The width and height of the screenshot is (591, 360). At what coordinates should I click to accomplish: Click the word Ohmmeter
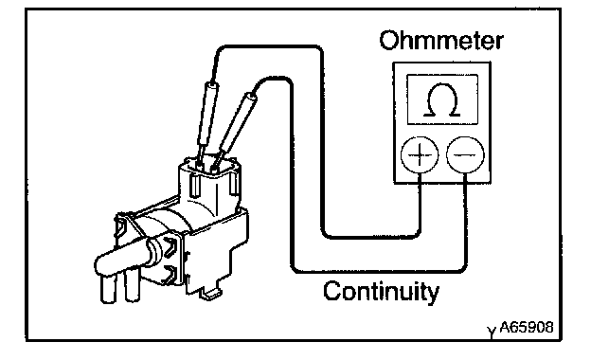coord(441,41)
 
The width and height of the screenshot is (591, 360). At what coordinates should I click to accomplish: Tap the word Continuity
coord(381,291)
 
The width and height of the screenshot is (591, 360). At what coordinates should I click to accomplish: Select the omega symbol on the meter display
coord(442,99)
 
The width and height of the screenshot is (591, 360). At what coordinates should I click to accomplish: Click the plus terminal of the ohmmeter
coord(420,155)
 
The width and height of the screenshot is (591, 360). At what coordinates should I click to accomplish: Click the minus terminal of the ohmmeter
coord(465,155)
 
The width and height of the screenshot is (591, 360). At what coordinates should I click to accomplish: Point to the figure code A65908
coord(527,327)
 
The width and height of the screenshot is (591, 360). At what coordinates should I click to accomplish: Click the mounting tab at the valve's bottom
coord(210,293)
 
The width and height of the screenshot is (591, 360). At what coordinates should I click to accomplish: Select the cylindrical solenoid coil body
coord(166,226)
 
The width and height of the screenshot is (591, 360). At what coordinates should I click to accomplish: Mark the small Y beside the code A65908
coord(492,332)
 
